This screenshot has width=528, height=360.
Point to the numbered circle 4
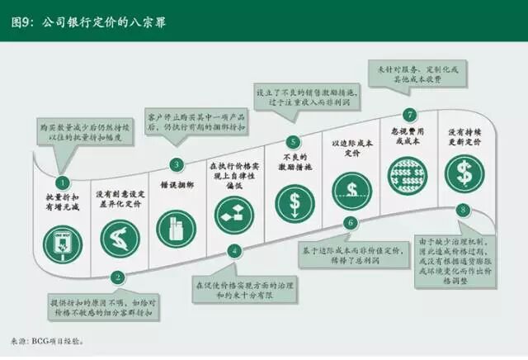pyautogui.click(x=234, y=250)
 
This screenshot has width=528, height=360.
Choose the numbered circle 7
pyautogui.click(x=409, y=115)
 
